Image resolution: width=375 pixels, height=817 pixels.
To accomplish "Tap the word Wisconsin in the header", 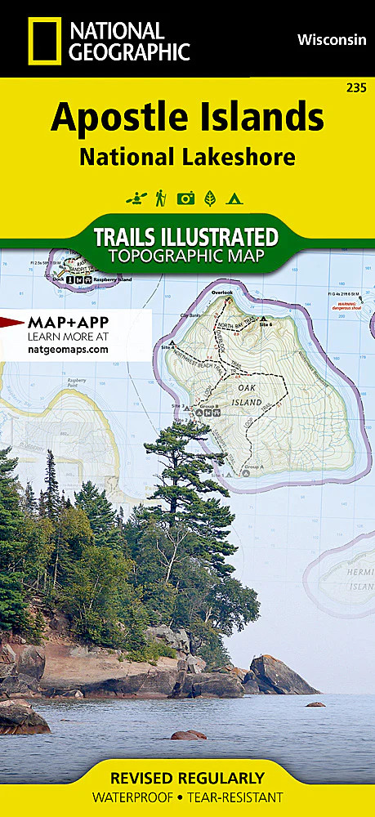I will (331, 38).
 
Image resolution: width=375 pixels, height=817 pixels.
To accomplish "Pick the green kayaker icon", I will (135, 197).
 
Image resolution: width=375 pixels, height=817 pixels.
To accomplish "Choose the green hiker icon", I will (161, 197).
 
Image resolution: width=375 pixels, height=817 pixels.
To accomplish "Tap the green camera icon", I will (186, 197).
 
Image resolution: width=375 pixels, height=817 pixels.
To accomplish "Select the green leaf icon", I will (210, 197).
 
